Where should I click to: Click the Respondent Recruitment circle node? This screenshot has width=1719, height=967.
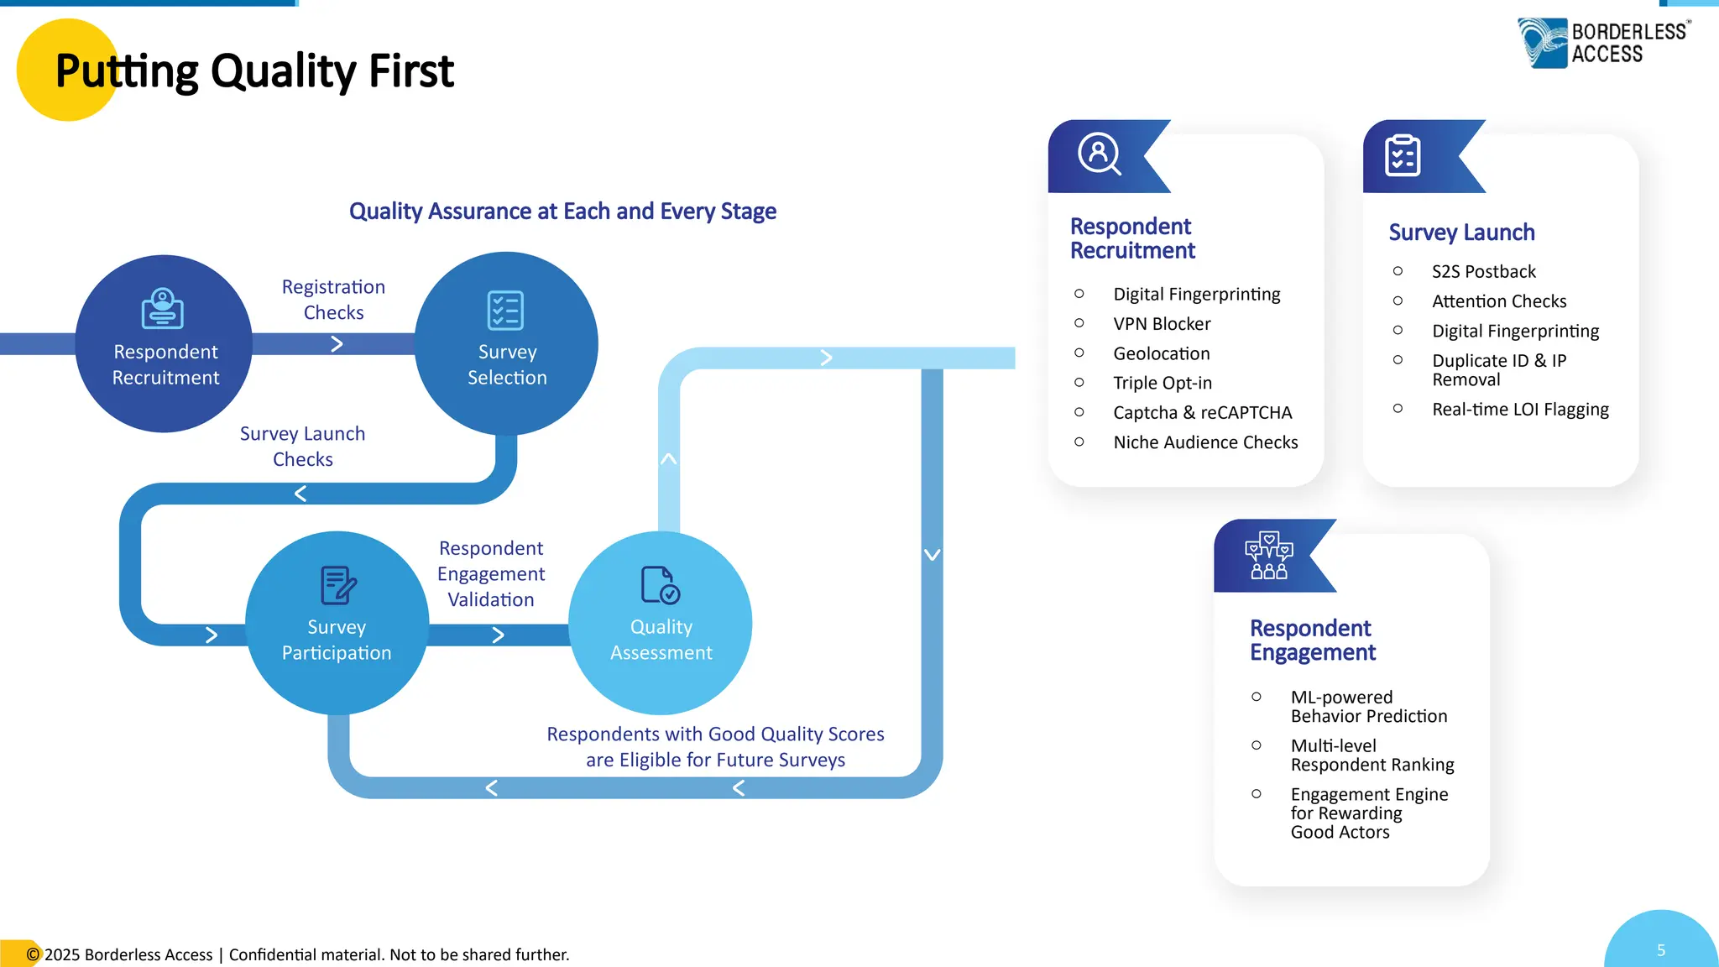click(x=165, y=344)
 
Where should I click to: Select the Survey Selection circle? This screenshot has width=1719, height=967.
click(x=506, y=344)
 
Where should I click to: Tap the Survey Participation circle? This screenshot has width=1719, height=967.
click(x=337, y=623)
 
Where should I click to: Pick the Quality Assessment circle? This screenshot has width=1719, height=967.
click(x=661, y=623)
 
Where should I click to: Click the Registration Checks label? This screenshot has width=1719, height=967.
click(x=333, y=300)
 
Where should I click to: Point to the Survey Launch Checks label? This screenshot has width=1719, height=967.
click(x=302, y=447)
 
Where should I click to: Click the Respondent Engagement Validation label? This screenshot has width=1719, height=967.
click(x=491, y=574)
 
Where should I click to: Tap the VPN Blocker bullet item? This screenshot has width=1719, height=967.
click(x=1162, y=324)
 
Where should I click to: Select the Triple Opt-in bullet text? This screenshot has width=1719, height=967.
click(x=1163, y=383)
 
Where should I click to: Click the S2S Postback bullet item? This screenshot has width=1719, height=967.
click(x=1483, y=272)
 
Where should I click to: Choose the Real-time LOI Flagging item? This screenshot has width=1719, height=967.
click(x=1520, y=410)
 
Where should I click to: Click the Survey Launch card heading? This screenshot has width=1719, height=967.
click(x=1461, y=233)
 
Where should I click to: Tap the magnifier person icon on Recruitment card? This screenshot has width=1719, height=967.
click(x=1100, y=154)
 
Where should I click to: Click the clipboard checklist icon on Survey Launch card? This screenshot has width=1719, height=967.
click(x=1403, y=156)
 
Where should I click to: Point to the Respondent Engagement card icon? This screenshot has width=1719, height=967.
click(x=1268, y=556)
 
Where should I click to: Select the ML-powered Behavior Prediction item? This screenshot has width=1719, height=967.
click(x=1368, y=707)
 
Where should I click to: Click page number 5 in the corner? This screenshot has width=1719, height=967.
click(x=1660, y=950)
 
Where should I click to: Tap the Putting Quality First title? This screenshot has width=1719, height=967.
click(x=254, y=71)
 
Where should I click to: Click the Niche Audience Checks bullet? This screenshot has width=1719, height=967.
click(x=1204, y=442)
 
